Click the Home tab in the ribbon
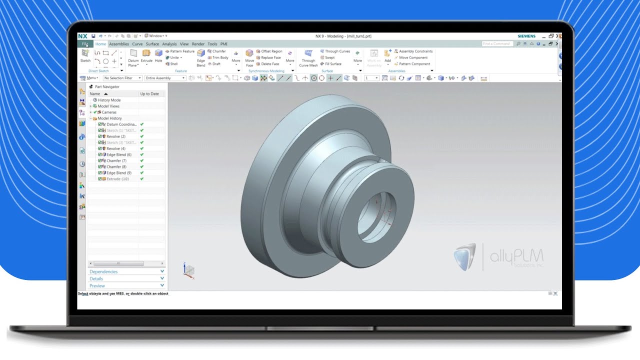(100, 44)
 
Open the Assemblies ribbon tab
(119, 44)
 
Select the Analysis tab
(169, 44)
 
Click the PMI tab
(223, 44)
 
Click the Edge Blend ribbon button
(200, 58)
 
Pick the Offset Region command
(271, 51)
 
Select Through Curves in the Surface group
(337, 51)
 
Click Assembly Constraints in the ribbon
(415, 51)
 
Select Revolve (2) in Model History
(115, 136)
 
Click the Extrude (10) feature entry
(117, 179)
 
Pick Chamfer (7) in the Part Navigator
(116, 161)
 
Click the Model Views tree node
(108, 106)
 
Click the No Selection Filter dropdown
(122, 78)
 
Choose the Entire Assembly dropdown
(164, 78)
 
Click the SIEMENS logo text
(526, 36)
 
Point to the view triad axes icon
(188, 270)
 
